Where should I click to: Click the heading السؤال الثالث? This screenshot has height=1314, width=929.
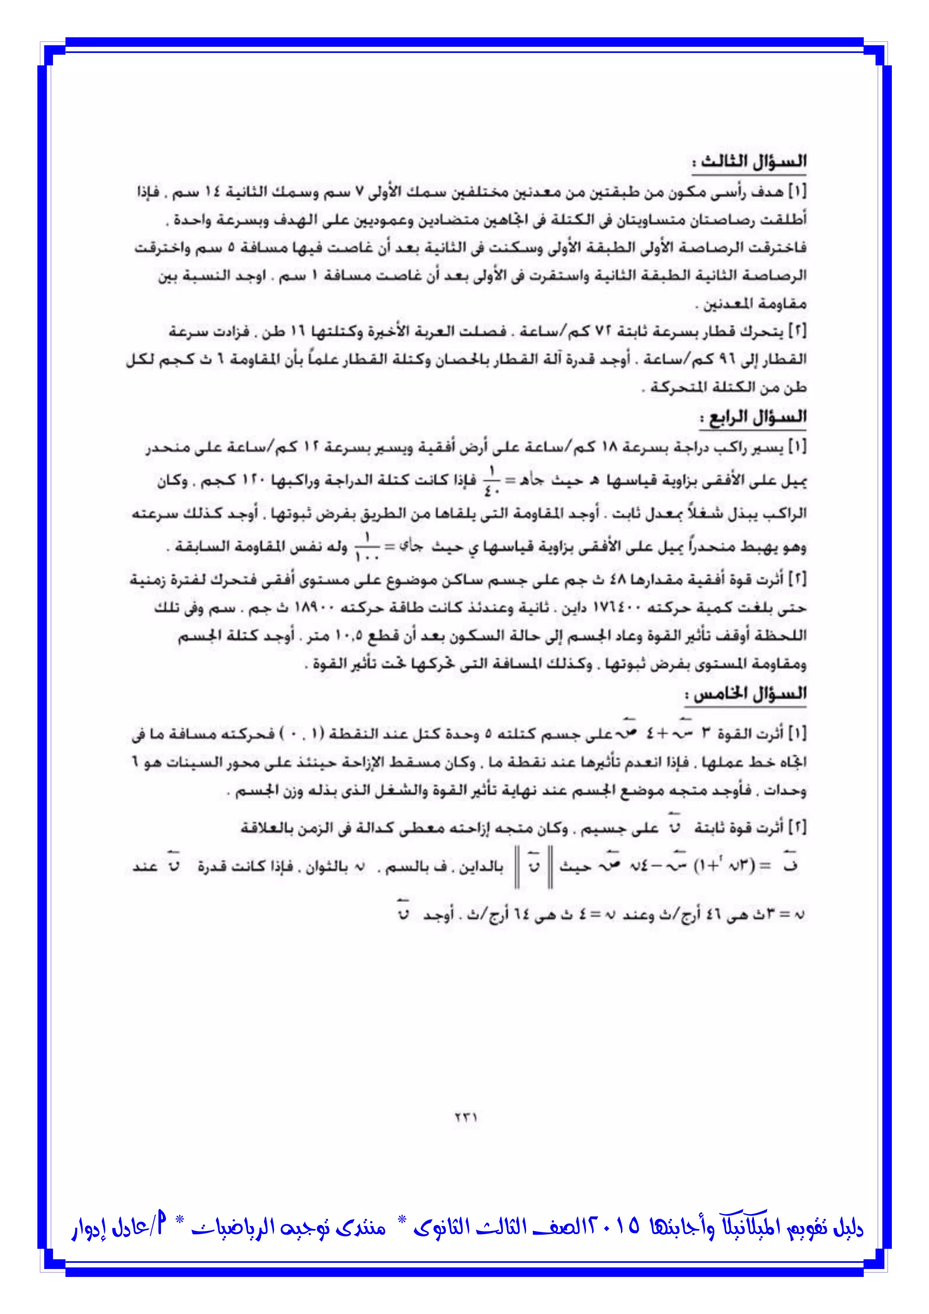pos(749,162)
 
